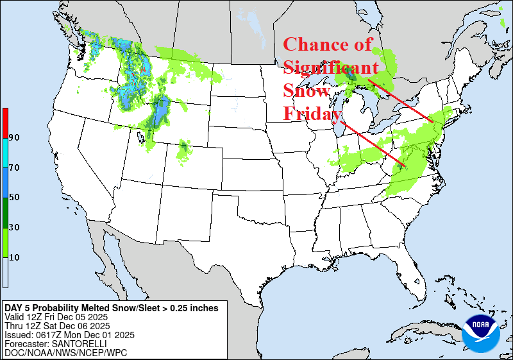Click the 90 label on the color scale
tap(14, 138)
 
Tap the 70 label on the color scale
tap(14, 167)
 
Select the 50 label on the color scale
tap(14, 198)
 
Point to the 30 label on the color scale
tap(14, 227)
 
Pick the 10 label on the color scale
tap(14, 257)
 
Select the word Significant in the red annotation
tap(331, 68)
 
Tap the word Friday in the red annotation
tap(312, 114)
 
